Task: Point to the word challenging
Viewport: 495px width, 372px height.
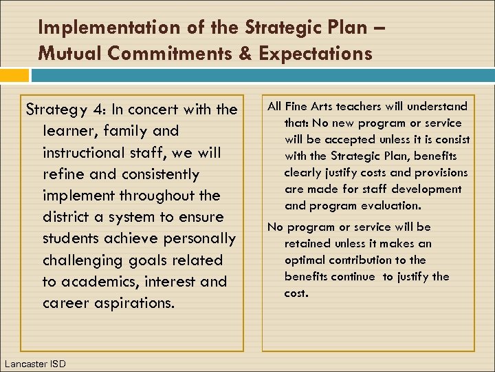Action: (81, 260)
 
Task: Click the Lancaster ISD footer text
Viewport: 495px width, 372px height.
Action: (34, 363)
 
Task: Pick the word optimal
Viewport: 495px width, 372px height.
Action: (305, 260)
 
